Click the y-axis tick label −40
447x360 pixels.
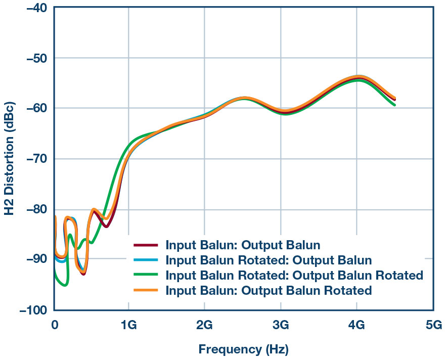click(33, 8)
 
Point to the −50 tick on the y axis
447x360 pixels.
click(33, 58)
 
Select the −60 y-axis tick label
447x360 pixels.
click(33, 109)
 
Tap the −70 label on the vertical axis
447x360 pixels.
click(33, 159)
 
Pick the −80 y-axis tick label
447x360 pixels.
click(33, 209)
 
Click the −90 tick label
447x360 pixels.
click(33, 260)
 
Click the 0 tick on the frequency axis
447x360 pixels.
click(55, 325)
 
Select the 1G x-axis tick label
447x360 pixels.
click(128, 325)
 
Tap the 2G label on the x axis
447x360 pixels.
click(204, 325)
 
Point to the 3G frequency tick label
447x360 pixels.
click(281, 325)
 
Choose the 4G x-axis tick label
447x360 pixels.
click(356, 325)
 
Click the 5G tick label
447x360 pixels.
click(433, 325)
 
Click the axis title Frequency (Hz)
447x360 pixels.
click(243, 349)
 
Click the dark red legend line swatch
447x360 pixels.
click(146, 246)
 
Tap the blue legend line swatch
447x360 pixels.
click(146, 261)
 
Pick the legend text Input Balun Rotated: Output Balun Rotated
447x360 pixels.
click(294, 276)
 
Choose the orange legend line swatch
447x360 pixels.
click(146, 291)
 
